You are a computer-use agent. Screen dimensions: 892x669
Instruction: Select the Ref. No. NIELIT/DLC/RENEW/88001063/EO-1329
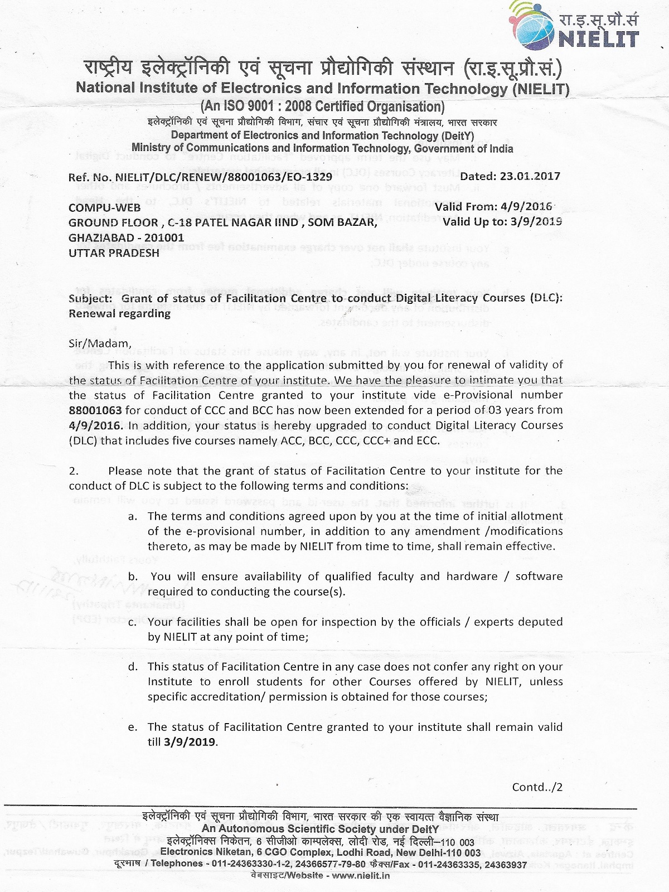point(200,177)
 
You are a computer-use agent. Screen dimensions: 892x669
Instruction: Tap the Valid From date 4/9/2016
point(526,207)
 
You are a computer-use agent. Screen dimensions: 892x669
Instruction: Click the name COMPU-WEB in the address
point(105,207)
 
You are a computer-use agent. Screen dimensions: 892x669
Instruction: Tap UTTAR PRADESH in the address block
point(114,253)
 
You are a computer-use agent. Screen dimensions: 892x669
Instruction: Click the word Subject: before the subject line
point(90,298)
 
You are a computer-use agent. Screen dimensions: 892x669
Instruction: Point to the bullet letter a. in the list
point(133,516)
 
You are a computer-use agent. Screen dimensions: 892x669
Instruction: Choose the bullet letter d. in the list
point(133,667)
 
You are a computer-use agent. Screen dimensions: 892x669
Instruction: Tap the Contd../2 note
point(537,787)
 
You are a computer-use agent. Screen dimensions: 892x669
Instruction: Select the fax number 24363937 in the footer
point(506,864)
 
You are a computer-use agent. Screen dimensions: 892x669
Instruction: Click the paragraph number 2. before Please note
point(74,471)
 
